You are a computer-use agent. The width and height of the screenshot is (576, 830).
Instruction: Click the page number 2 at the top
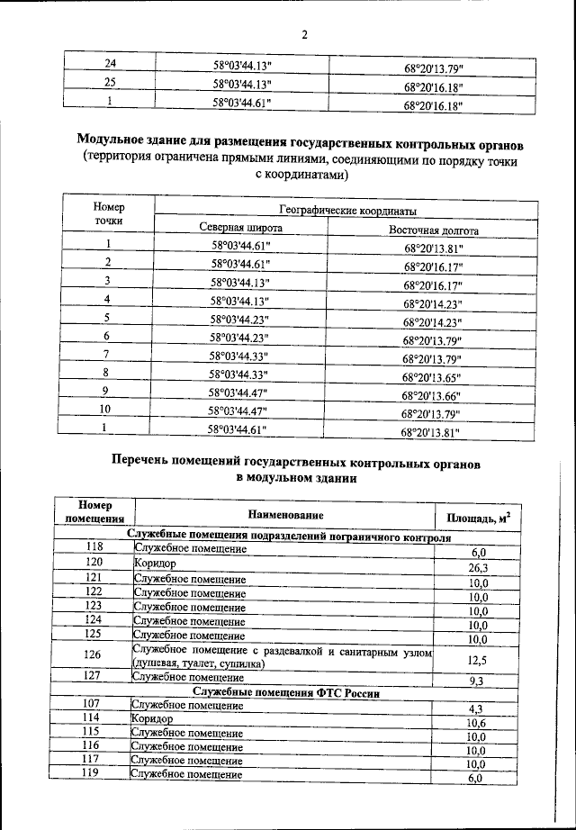tap(304, 35)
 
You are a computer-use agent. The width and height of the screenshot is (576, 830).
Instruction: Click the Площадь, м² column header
tap(479, 518)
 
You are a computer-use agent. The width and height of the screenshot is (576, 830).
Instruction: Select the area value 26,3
tap(478, 567)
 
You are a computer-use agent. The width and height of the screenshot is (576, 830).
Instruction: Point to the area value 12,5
tap(477, 661)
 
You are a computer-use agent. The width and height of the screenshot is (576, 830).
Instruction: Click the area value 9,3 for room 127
tap(477, 681)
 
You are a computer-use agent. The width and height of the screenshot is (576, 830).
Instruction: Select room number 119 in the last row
tap(90, 773)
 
